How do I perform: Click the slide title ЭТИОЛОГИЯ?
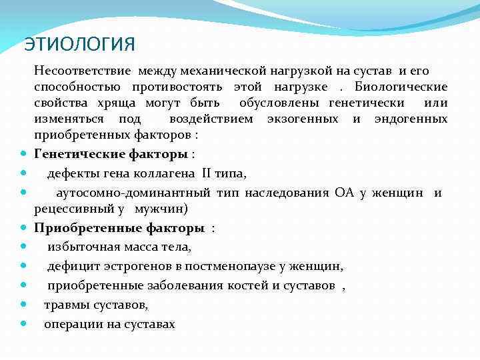tap(79, 44)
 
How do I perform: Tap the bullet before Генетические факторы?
tap(24, 155)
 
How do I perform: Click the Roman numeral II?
tap(207, 174)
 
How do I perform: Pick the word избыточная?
tap(83, 247)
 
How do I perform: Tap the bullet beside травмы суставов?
tap(24, 305)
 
